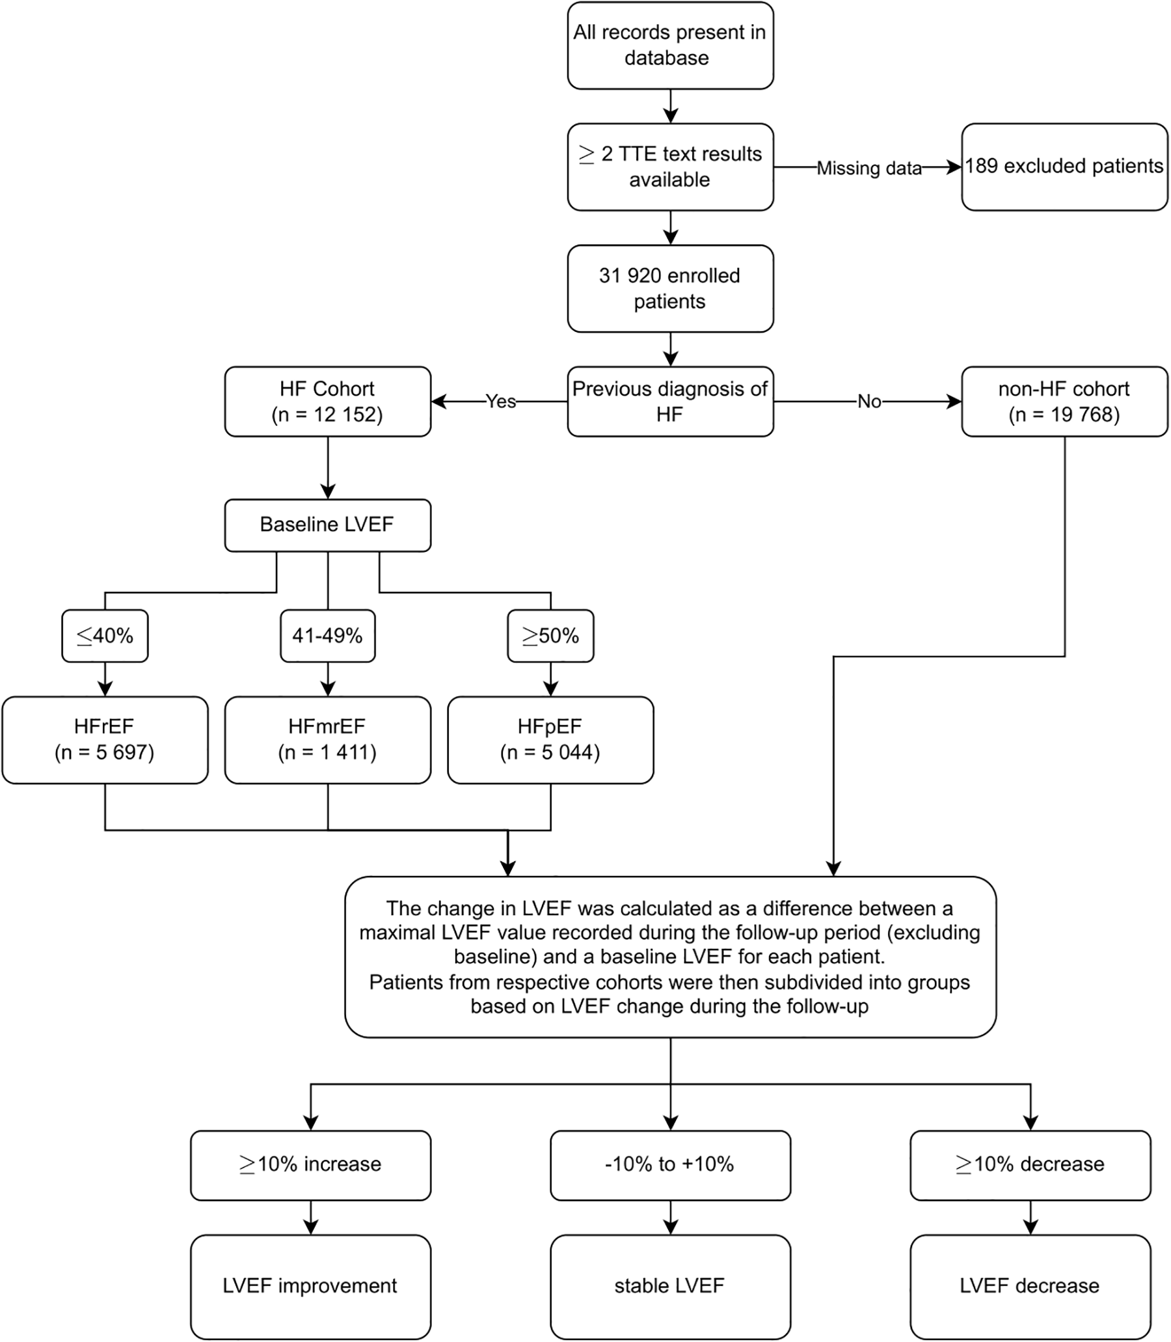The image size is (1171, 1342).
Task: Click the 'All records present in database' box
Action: pos(670,45)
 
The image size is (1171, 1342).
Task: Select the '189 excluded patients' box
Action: pos(1064,167)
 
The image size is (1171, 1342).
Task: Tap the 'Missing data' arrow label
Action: pos(868,168)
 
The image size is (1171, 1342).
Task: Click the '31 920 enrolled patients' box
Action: pos(670,288)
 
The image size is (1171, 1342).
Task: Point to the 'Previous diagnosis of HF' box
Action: pos(670,402)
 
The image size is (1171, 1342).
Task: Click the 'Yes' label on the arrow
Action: pos(500,402)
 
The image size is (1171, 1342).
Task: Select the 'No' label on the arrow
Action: pos(869,402)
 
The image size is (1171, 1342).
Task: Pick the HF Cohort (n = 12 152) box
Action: pos(327,402)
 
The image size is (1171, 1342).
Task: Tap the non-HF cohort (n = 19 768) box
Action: pos(1064,402)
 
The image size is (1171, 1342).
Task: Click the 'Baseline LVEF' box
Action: pos(327,525)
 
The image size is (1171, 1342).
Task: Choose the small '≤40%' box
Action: pos(105,636)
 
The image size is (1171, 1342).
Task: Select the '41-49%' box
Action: pos(327,636)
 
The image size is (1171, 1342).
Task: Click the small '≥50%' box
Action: pos(550,636)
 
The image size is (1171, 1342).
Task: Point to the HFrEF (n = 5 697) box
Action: pos(105,739)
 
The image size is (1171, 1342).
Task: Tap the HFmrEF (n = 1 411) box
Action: pos(327,739)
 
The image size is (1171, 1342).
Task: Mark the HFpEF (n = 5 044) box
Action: pos(550,739)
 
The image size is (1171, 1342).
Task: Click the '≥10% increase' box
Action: pos(310,1165)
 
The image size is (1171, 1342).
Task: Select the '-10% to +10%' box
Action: pos(670,1165)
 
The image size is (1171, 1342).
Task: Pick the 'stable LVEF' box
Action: pos(670,1287)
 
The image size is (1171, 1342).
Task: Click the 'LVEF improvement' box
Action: pos(310,1287)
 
